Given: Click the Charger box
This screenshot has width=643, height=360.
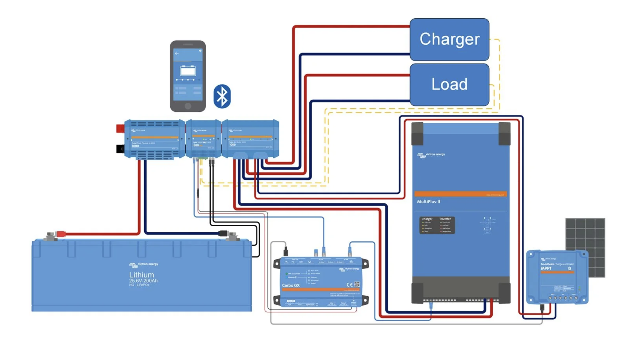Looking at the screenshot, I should (449, 39).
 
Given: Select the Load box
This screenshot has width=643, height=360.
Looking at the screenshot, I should (449, 84).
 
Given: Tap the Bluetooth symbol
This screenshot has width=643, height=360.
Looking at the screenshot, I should (222, 96).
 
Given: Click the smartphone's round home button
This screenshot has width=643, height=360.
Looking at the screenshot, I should (188, 106).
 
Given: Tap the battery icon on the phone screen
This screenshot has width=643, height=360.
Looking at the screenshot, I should (188, 71).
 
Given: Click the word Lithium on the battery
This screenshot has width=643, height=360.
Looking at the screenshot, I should (141, 275).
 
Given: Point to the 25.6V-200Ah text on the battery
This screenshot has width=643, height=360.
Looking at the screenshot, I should (143, 281).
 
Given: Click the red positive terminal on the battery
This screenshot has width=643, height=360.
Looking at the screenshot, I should (61, 234).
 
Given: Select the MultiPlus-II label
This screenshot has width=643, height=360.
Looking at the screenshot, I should (428, 202).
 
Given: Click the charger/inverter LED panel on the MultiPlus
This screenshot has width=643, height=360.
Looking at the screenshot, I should (437, 225).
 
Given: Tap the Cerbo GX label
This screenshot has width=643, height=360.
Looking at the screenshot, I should (290, 285).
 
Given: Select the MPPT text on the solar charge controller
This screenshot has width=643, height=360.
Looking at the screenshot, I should (546, 268).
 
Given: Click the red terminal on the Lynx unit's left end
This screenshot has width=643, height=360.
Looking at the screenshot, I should (120, 129).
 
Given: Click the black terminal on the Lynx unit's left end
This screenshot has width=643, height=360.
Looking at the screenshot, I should (120, 149).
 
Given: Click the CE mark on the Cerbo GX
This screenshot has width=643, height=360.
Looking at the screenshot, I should (349, 285).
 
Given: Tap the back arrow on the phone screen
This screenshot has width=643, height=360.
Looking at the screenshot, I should (177, 53).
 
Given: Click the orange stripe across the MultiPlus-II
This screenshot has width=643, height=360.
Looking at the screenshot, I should (460, 194).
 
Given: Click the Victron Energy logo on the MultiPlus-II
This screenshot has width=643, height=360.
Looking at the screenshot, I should (431, 155).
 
